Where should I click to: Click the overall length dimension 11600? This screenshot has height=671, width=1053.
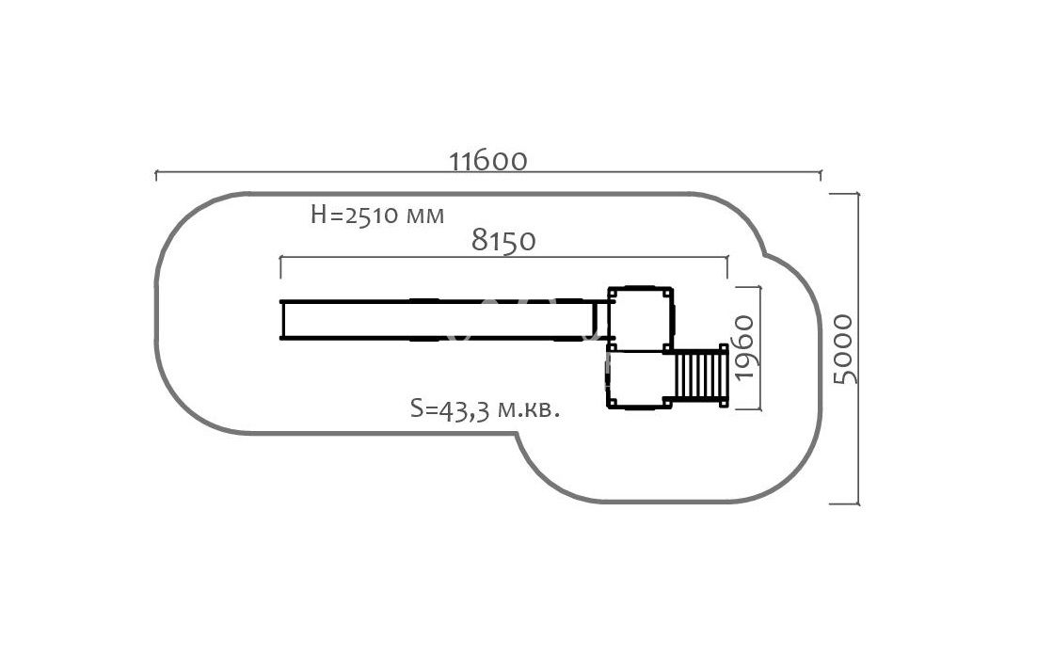(488, 161)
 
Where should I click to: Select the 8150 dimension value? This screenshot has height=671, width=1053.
(503, 240)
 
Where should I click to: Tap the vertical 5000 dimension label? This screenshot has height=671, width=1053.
(844, 348)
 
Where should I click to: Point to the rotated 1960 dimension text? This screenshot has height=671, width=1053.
(745, 347)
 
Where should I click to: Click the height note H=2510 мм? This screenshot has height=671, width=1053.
(377, 216)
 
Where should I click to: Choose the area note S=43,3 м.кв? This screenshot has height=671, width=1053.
(485, 408)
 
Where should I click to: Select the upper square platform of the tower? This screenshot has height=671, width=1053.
(640, 318)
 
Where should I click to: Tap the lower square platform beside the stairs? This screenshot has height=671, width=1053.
(639, 379)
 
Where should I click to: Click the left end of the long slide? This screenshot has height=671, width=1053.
(282, 320)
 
